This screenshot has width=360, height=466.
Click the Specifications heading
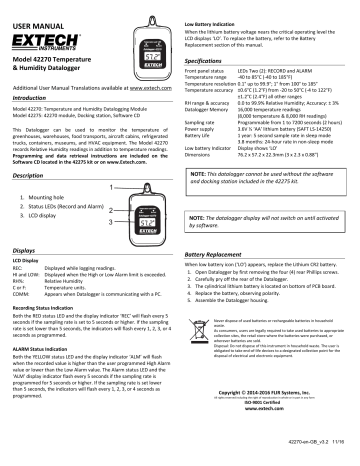coord(211,62)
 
